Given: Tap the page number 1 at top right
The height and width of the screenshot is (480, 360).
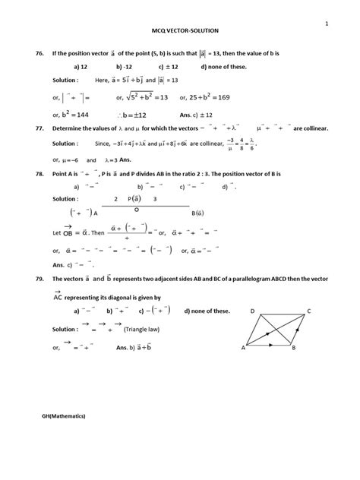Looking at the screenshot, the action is pos(326,24).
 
